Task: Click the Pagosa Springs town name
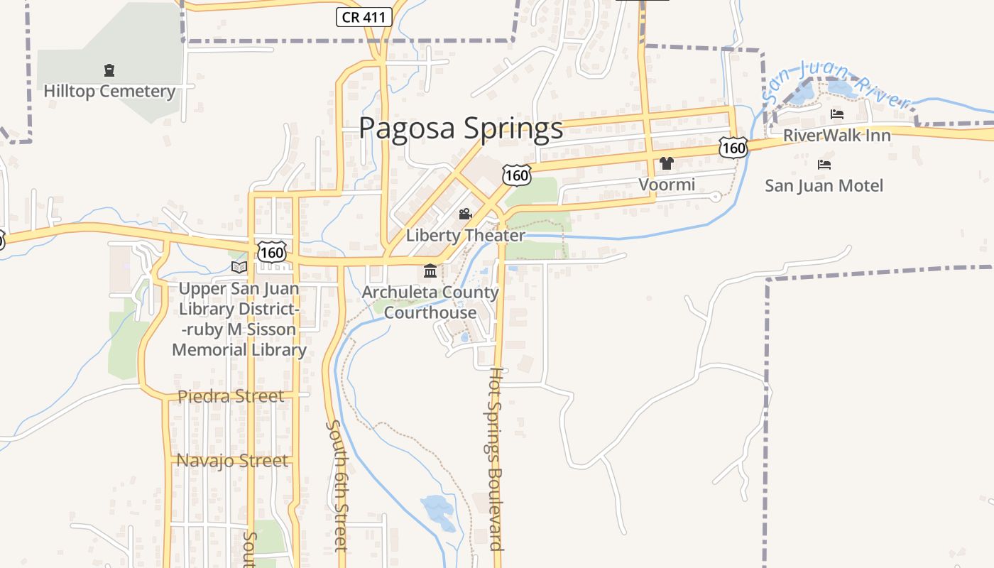[x=461, y=129]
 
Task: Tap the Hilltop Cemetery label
[x=109, y=92]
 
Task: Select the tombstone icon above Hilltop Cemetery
[x=109, y=70]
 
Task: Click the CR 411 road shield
[x=364, y=18]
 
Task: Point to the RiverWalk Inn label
[x=836, y=136]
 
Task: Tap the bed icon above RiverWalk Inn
[x=837, y=114]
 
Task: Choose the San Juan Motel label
[x=824, y=186]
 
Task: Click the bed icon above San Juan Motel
[x=824, y=165]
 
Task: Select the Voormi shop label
[x=667, y=185]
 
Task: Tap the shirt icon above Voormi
[x=666, y=163]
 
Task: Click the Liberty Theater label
[x=465, y=236]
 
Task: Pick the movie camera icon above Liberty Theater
[x=465, y=214]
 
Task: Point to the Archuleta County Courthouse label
[x=430, y=302]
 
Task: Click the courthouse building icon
[x=430, y=271]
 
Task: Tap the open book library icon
[x=240, y=267]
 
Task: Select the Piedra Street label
[x=231, y=396]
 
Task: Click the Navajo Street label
[x=232, y=461]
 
